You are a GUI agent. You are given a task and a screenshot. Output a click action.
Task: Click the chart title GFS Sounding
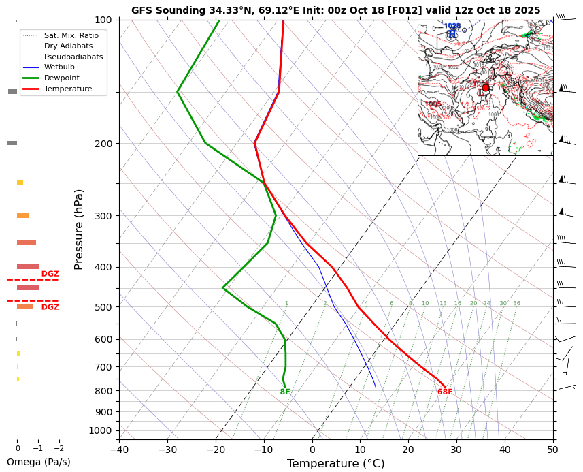pyautogui.click(x=335, y=10)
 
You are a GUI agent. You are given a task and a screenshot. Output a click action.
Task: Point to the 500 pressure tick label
pyautogui.click(x=103, y=307)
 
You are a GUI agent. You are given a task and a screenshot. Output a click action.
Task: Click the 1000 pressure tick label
pyautogui.click(x=101, y=430)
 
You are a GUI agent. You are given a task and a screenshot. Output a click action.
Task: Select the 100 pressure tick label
pyautogui.click(x=103, y=20)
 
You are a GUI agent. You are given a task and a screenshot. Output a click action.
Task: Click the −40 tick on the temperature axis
pyautogui.click(x=119, y=450)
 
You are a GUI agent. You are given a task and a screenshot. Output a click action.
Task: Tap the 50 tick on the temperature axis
pyautogui.click(x=553, y=450)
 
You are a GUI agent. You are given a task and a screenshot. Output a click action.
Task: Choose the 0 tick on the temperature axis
pyautogui.click(x=312, y=450)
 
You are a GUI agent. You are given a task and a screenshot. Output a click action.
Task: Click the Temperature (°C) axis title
pyautogui.click(x=335, y=464)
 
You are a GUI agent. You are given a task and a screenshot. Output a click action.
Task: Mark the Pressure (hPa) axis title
pyautogui.click(x=79, y=229)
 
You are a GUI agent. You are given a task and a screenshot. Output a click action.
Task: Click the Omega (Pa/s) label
pyautogui.click(x=38, y=462)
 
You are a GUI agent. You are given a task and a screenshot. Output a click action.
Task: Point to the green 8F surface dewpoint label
pyautogui.click(x=285, y=392)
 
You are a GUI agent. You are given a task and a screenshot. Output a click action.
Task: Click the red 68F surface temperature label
pyautogui.click(x=445, y=392)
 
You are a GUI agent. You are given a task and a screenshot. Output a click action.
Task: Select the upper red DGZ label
pyautogui.click(x=50, y=274)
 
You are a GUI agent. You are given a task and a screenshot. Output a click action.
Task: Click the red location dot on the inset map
pyautogui.click(x=486, y=87)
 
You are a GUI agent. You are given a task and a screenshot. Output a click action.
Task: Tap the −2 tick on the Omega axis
pyautogui.click(x=59, y=449)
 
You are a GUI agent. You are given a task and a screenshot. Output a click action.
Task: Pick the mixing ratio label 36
pyautogui.click(x=517, y=304)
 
